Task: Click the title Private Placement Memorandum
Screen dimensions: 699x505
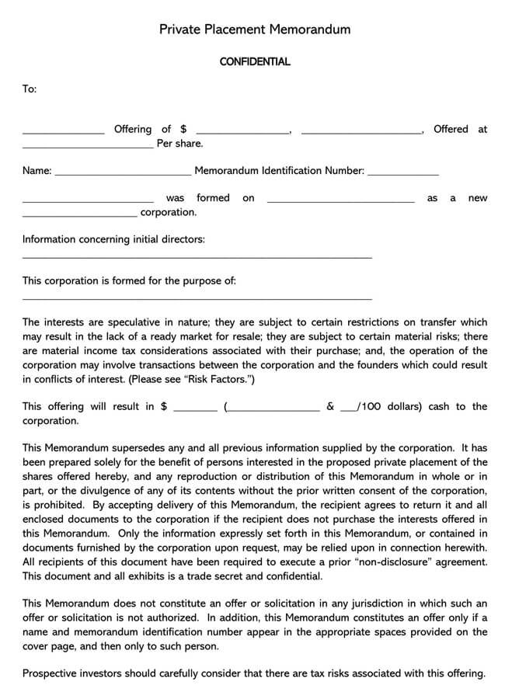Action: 255,30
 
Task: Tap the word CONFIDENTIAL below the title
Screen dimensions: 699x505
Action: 255,61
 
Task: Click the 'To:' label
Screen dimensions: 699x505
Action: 30,89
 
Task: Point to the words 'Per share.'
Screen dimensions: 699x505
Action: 179,144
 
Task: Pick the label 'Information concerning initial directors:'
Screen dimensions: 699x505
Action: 113,239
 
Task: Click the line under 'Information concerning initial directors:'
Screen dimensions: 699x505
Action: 197,257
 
